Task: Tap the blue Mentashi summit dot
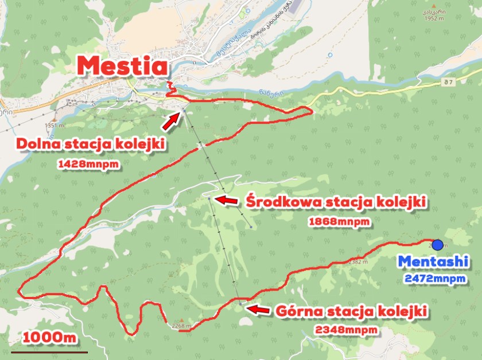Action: click(x=438, y=245)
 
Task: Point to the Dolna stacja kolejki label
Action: click(x=92, y=143)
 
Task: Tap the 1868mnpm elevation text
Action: click(x=339, y=221)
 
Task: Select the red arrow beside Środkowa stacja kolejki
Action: click(x=226, y=200)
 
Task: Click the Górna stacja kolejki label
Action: click(x=352, y=311)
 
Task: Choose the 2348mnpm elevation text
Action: click(x=347, y=330)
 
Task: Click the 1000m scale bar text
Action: click(x=44, y=337)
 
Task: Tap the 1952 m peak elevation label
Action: click(x=432, y=18)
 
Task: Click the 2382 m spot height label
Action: click(x=357, y=261)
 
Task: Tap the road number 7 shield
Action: click(x=448, y=83)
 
